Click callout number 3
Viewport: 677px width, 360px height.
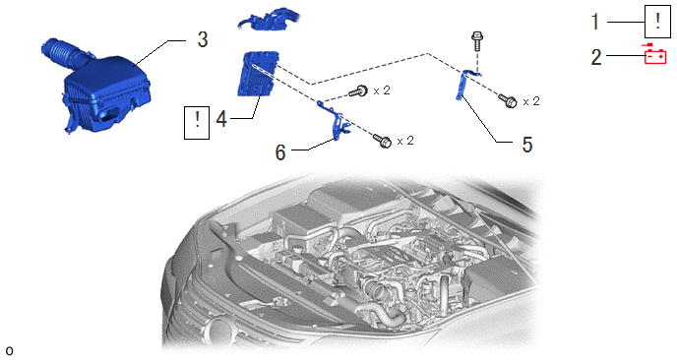click(203, 39)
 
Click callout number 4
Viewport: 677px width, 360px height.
click(221, 119)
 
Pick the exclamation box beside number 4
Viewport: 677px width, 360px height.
click(197, 123)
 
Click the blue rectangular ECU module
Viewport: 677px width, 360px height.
click(258, 73)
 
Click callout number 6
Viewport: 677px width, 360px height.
click(280, 151)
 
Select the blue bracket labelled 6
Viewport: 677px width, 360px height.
click(334, 121)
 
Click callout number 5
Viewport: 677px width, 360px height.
click(526, 145)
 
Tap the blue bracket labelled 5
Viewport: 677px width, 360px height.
click(465, 85)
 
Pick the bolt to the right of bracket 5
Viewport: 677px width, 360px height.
click(508, 100)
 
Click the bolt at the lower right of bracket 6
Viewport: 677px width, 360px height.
click(383, 141)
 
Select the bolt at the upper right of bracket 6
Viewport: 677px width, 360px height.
click(358, 90)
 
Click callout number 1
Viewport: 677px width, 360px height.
click(596, 22)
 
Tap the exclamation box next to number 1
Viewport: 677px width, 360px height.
click(657, 22)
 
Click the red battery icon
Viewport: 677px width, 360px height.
click(655, 54)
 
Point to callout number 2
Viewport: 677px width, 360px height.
click(596, 57)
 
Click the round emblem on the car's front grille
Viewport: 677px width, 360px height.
click(221, 331)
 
